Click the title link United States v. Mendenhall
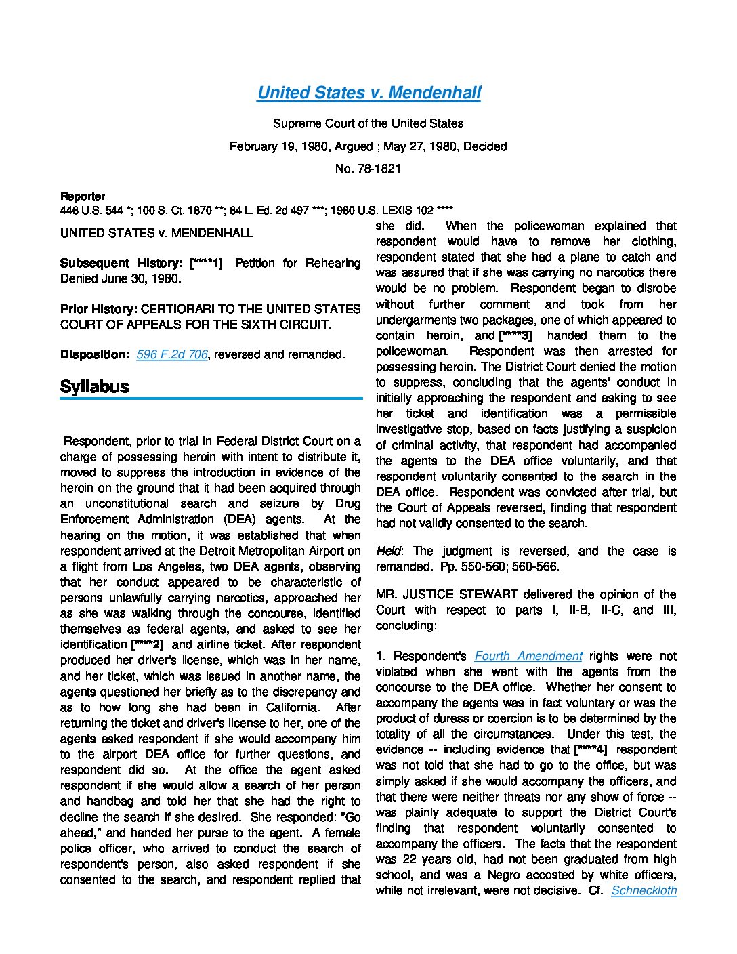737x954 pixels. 368,93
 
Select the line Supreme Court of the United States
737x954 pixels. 368,123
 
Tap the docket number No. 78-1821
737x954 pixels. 368,169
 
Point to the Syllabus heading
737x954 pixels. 94,387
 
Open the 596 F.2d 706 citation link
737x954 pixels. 171,354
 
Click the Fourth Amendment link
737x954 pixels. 528,656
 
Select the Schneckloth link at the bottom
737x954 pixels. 644,890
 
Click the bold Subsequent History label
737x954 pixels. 123,263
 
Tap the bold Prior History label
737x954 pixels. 99,309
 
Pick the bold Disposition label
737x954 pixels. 94,354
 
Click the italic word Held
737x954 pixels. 388,551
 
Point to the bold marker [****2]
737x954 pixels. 147,645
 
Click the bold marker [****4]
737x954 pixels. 590,749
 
